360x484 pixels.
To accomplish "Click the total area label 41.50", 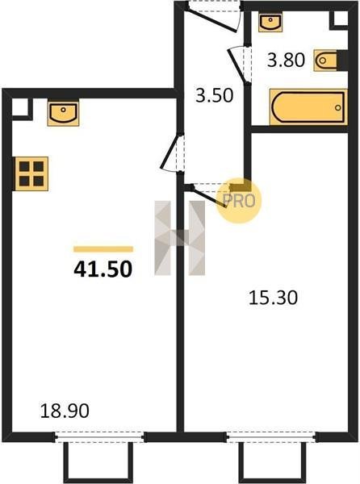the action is click(103, 269).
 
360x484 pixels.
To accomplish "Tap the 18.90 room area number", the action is click(65, 411).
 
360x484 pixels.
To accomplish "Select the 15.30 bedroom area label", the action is click(274, 298).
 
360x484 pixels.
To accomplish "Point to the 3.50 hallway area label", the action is click(215, 95).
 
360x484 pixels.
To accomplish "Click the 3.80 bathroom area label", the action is click(287, 60).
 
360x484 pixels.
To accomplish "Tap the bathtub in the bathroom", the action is click(308, 107).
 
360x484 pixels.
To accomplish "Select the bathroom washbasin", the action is click(270, 23).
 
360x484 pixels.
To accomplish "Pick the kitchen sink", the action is click(63, 112).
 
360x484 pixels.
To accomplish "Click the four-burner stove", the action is click(31, 173).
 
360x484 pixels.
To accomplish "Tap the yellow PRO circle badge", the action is click(239, 201).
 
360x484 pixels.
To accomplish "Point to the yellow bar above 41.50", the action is click(103, 249).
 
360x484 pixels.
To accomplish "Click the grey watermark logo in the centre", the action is click(180, 238).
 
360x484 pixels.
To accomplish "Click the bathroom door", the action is click(239, 65).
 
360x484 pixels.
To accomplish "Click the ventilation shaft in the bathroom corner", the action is click(341, 19).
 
